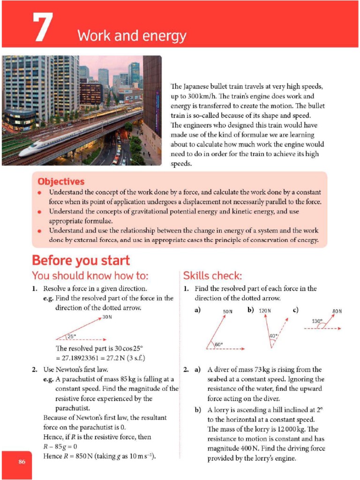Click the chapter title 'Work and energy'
coord(132,36)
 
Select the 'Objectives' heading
coord(61,181)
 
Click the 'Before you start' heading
coord(80,260)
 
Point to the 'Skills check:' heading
coord(213,276)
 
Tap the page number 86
coord(22,462)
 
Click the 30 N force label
coord(108,317)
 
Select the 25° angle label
coord(71,336)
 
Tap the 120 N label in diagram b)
coord(265,311)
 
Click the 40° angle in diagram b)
coord(273,336)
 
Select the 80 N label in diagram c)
coord(337,311)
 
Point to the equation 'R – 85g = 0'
coord(60,446)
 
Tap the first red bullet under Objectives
coord(40,193)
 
